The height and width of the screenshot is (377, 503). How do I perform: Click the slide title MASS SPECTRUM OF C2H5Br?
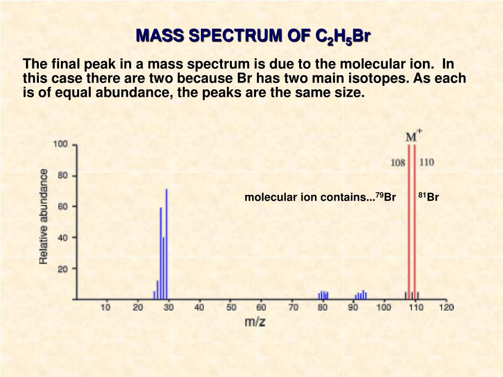point(253,36)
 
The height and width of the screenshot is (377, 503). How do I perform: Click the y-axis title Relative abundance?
point(44,216)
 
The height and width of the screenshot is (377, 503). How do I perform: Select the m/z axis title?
point(255,322)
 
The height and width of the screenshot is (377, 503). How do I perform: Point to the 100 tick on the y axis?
point(60,144)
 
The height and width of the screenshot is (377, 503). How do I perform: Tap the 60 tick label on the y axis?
point(63,207)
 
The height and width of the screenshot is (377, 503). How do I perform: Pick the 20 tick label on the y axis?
point(63,269)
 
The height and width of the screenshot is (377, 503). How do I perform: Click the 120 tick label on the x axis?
point(446,307)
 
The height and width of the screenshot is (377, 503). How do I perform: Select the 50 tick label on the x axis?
point(231,307)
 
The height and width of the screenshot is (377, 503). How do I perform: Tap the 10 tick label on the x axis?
point(106,307)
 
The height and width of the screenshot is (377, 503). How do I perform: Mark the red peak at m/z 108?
point(409,221)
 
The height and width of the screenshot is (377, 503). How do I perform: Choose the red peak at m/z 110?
point(415,221)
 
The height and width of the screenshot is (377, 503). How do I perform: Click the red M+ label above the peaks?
point(413,135)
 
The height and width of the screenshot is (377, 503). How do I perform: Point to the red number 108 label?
point(397,162)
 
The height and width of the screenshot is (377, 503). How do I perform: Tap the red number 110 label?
point(426,162)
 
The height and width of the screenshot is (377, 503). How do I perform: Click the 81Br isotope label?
point(428,197)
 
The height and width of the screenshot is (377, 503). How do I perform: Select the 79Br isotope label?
point(386,197)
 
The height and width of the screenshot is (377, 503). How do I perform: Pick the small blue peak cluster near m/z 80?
point(323,295)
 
